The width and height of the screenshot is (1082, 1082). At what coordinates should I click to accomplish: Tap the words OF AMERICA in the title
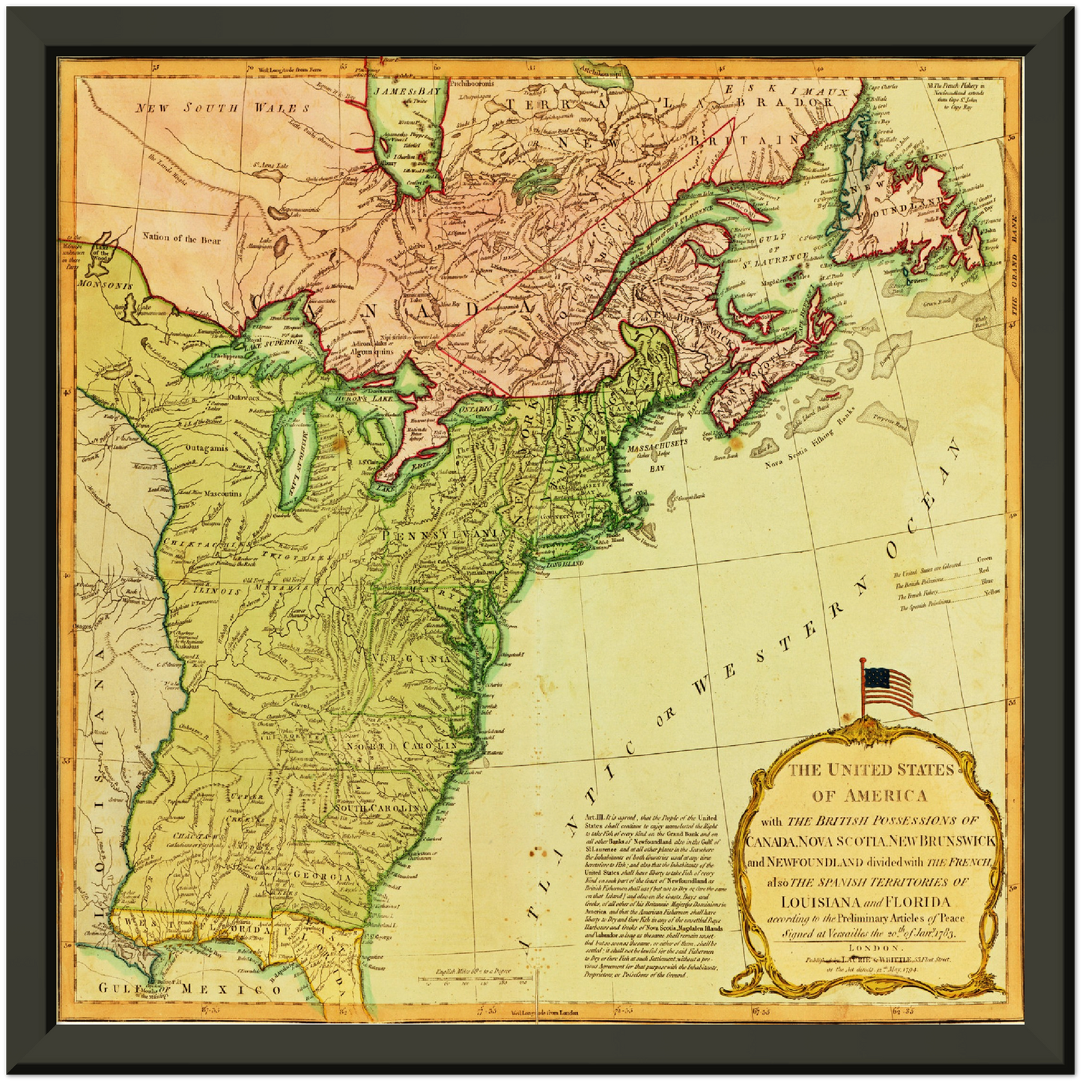(x=869, y=795)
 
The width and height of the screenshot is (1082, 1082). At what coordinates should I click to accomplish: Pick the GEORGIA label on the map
(x=323, y=876)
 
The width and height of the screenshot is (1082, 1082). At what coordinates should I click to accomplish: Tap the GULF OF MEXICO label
(x=191, y=989)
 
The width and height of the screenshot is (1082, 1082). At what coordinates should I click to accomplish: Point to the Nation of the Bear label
(x=181, y=238)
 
